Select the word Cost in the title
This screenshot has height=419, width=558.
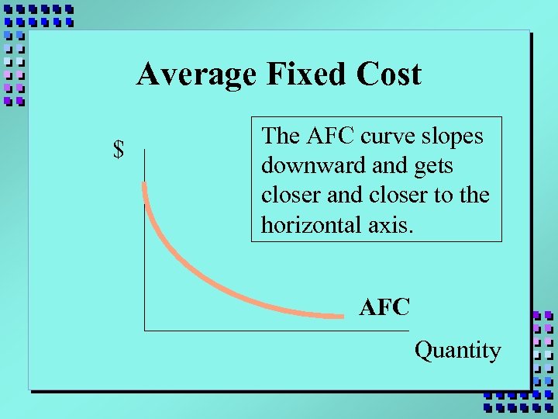pyautogui.click(x=390, y=74)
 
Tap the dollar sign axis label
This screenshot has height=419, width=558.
pyautogui.click(x=119, y=149)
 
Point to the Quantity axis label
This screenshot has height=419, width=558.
pyautogui.click(x=458, y=351)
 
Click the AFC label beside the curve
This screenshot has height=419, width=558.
pyautogui.click(x=384, y=307)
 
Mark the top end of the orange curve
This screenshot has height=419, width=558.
pyautogui.click(x=144, y=184)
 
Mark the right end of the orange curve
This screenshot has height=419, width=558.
pyautogui.click(x=341, y=315)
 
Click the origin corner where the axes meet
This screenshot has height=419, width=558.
pyautogui.click(x=144, y=331)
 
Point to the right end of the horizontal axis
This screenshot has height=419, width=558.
pyautogui.click(x=408, y=331)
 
